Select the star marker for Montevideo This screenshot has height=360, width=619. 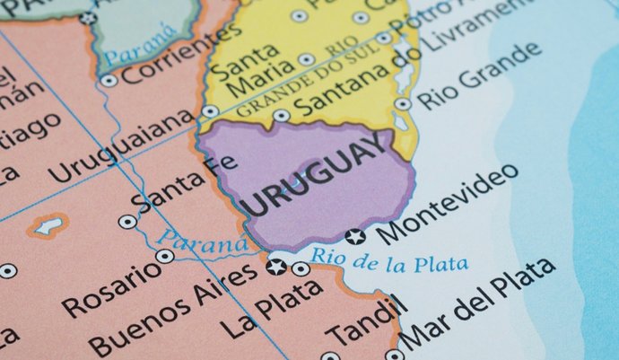pos(356,237)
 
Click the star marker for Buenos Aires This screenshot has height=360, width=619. pos(276,267)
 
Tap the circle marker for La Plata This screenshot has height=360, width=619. pos(301,268)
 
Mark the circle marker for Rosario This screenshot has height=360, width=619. pos(164,256)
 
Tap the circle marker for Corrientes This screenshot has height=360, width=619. pos(109,80)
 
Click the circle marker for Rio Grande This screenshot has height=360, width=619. pos(404,104)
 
